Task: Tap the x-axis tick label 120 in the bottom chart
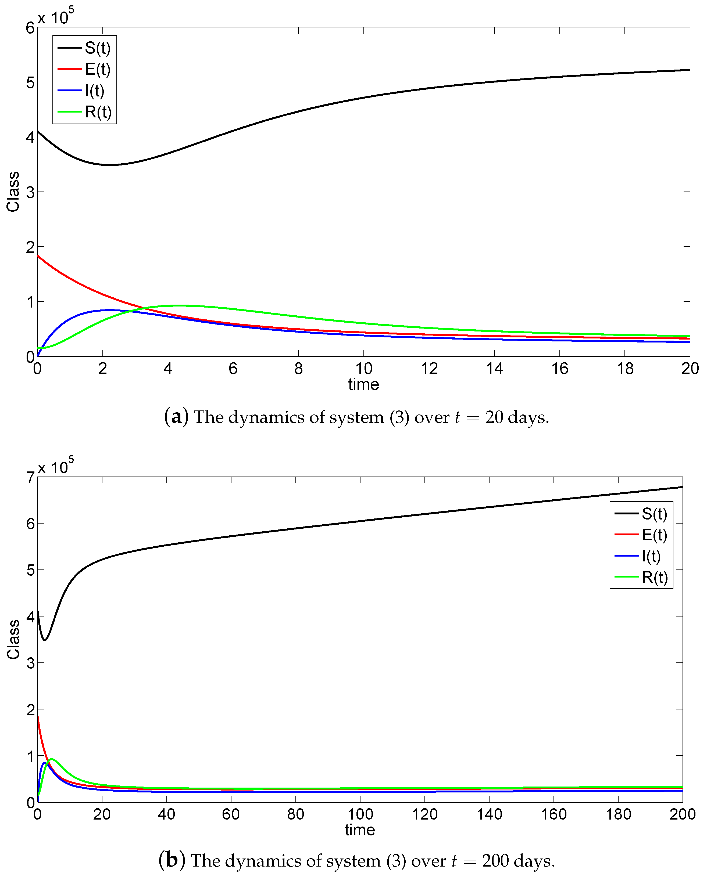(424, 814)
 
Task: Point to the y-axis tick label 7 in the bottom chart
(30, 477)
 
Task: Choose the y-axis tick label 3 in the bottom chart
(30, 663)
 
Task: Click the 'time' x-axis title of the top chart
(363, 384)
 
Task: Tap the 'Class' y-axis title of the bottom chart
(13, 639)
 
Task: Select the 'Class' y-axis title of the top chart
(13, 192)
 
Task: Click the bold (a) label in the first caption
(176, 417)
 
